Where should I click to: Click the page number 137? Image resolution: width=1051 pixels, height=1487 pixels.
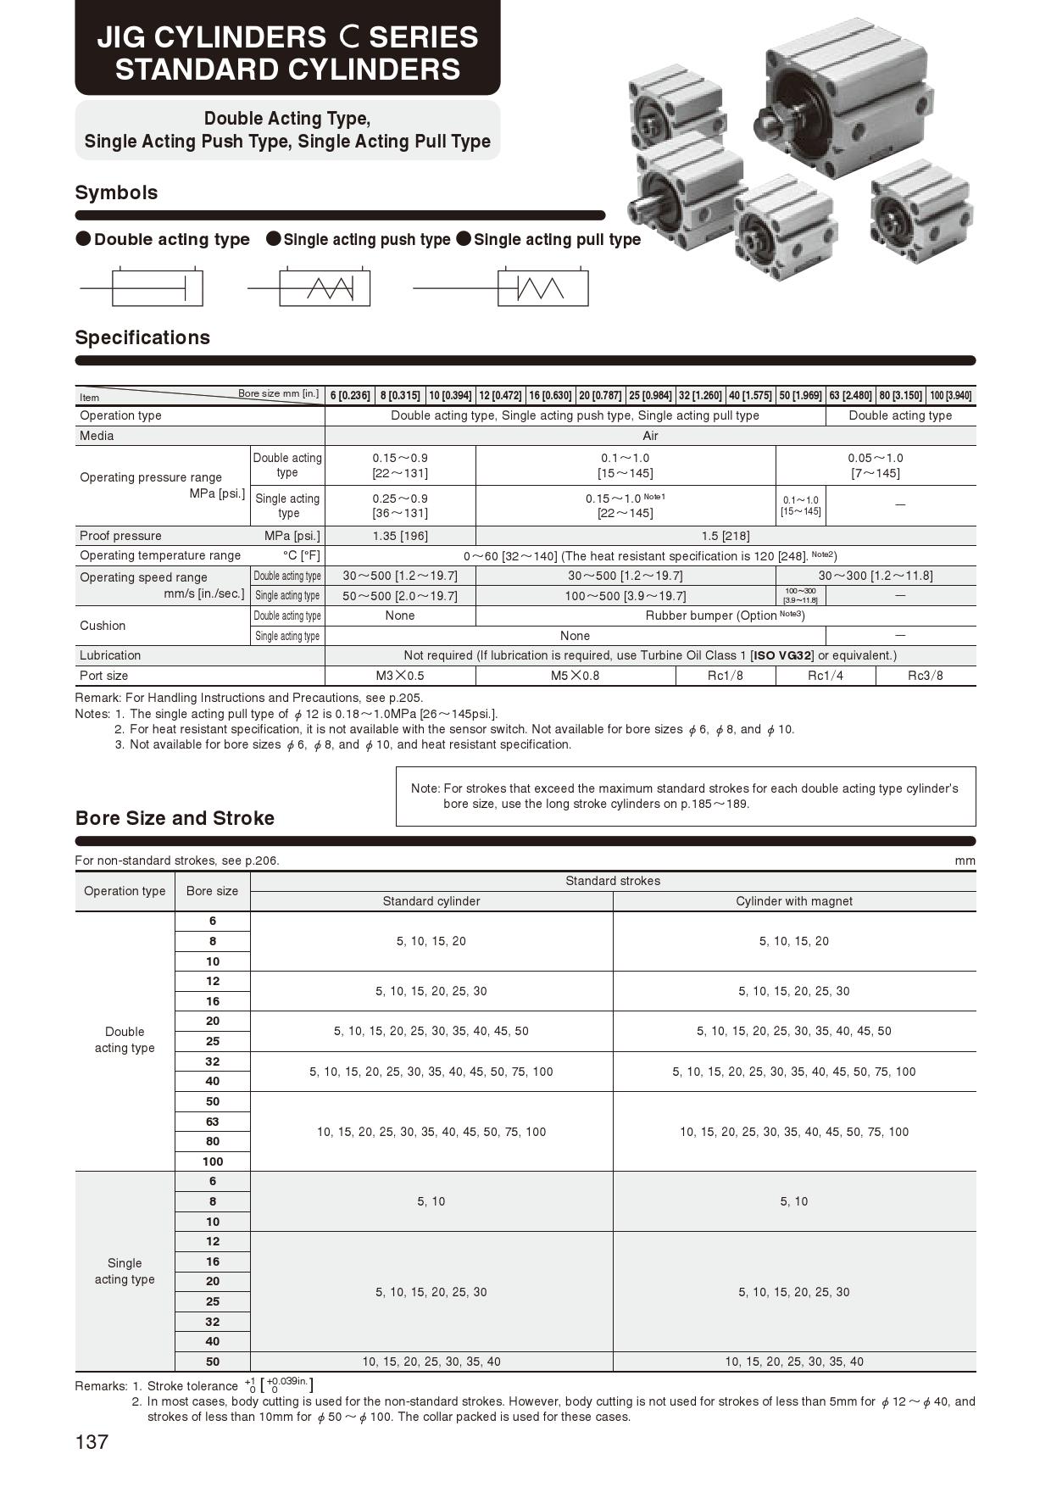[x=92, y=1442]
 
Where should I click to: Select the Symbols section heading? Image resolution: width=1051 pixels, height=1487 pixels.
[x=116, y=192]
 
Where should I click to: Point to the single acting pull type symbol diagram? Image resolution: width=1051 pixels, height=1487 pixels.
[x=542, y=288]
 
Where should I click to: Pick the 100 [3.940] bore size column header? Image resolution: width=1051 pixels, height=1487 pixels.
[x=950, y=396]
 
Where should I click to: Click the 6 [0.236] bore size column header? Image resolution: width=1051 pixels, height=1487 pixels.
[x=350, y=396]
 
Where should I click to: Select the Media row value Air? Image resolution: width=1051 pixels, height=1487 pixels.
[x=650, y=436]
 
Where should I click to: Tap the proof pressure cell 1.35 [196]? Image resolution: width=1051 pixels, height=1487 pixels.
[x=400, y=536]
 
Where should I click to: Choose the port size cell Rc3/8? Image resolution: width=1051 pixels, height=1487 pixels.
[x=926, y=676]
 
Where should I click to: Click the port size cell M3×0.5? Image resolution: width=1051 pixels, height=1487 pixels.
[x=400, y=676]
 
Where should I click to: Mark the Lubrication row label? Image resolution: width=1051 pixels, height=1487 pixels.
[x=110, y=655]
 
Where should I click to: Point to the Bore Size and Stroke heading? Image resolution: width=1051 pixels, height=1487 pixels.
[x=175, y=818]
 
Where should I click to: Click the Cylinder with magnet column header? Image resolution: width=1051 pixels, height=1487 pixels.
[x=794, y=901]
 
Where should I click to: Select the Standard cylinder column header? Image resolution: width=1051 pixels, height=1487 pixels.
[x=431, y=901]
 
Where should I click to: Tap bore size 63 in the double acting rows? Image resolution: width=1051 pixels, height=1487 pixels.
[x=213, y=1122]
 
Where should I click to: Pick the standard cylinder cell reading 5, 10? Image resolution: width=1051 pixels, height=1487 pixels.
[x=431, y=1201]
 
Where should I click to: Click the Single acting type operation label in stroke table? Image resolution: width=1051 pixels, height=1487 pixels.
[x=125, y=1271]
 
